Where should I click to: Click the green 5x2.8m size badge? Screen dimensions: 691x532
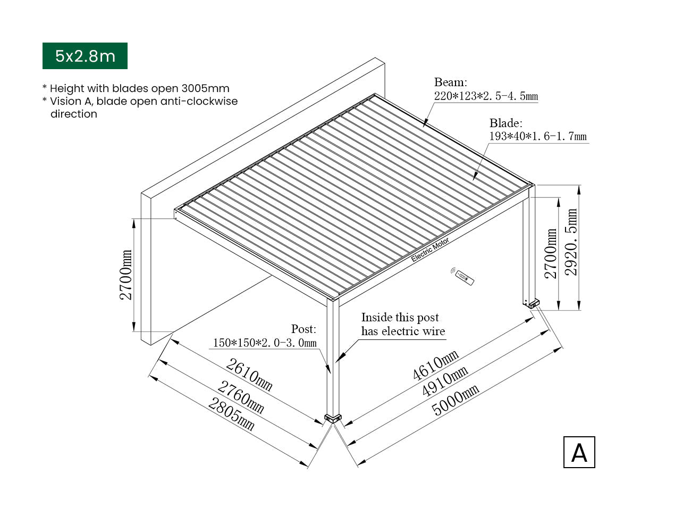click(85, 56)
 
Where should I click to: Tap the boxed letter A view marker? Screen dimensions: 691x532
click(579, 452)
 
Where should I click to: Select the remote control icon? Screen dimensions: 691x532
click(462, 276)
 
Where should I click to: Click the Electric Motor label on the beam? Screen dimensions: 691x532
click(430, 250)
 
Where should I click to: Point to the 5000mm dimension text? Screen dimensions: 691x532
click(455, 400)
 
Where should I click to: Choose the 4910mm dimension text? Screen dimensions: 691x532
click(445, 381)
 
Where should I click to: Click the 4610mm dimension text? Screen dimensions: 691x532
click(435, 364)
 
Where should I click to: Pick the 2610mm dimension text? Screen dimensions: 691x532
click(249, 375)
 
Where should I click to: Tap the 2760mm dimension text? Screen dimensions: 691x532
click(240, 397)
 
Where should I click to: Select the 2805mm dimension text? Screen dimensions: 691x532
click(231, 414)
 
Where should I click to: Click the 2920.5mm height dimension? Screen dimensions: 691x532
click(571, 242)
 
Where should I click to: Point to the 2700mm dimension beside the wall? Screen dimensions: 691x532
click(125, 275)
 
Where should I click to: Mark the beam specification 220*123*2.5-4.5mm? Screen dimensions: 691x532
click(486, 96)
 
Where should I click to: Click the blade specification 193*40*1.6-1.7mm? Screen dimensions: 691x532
click(538, 136)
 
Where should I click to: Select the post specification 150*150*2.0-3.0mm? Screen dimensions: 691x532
click(265, 343)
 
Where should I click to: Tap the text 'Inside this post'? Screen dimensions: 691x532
click(400, 317)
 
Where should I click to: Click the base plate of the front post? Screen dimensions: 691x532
click(333, 418)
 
